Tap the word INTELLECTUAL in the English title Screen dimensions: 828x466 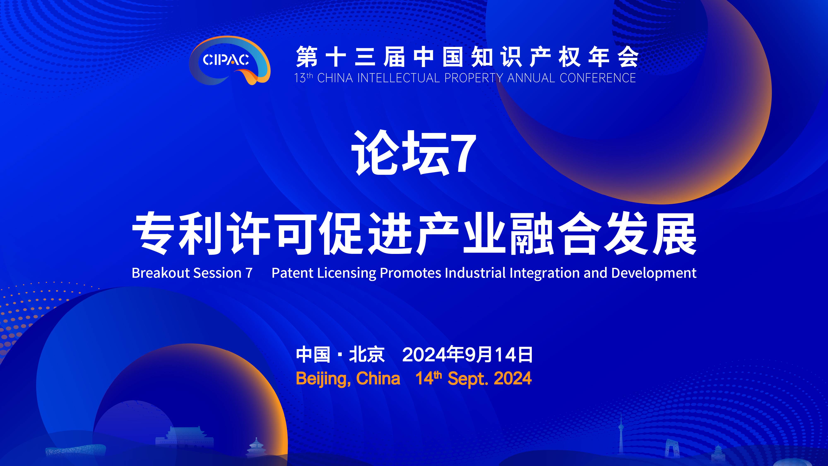click(x=398, y=78)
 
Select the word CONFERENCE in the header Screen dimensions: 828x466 click(x=598, y=78)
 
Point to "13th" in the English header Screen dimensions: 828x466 click(x=303, y=78)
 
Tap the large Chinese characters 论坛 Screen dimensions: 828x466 click(x=400, y=153)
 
